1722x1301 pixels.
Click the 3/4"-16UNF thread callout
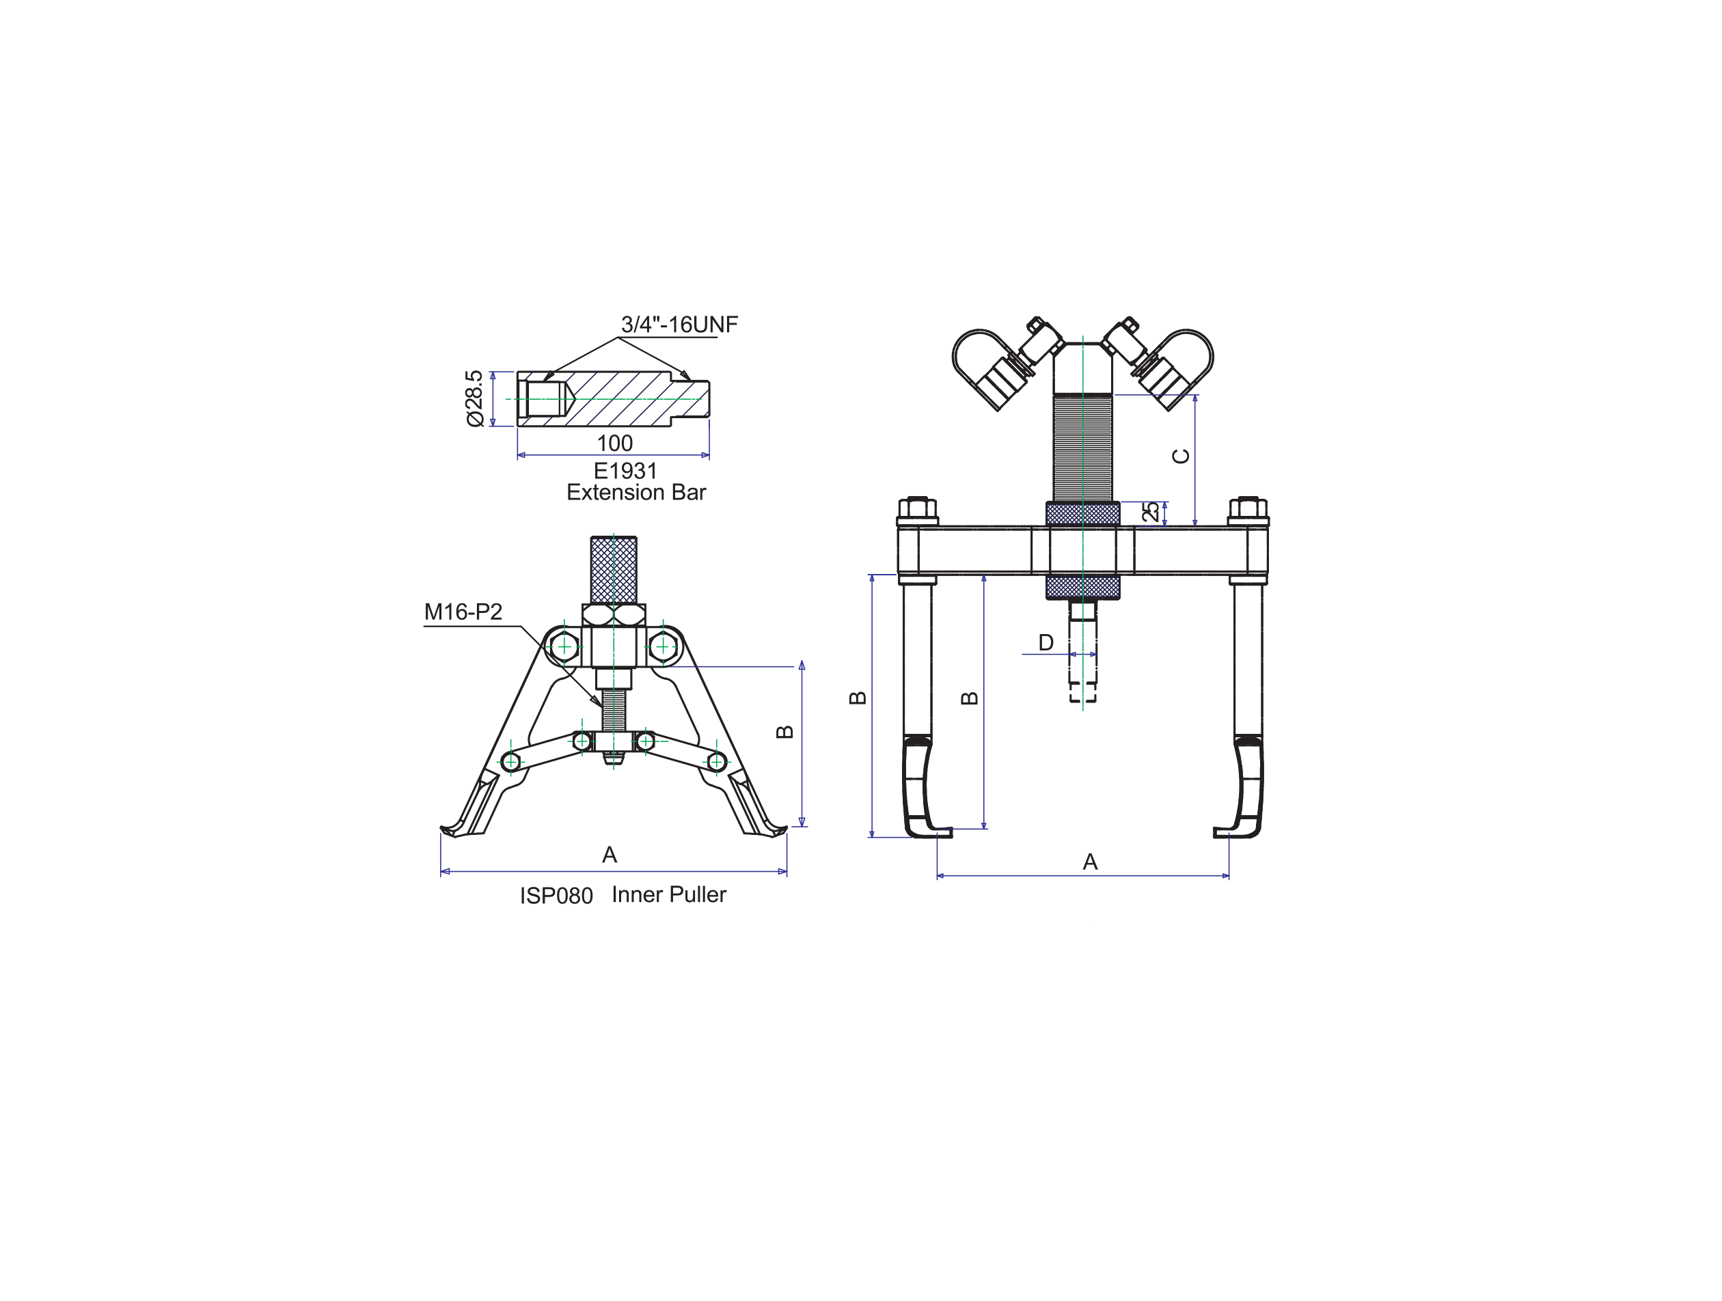point(679,324)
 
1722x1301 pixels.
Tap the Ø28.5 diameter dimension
point(474,398)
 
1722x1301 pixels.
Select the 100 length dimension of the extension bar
point(614,443)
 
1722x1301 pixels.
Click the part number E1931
point(625,470)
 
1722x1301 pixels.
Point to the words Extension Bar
point(636,492)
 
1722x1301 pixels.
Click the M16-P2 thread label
point(463,612)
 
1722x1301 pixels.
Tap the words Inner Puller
point(669,894)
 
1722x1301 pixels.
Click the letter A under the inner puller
point(610,855)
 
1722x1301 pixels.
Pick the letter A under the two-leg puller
point(1090,862)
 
